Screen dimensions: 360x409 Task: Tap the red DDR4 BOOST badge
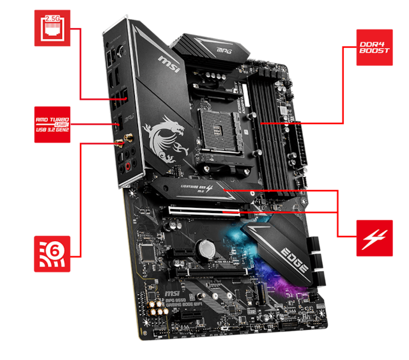click(374, 46)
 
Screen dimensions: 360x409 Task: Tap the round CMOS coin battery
click(204, 247)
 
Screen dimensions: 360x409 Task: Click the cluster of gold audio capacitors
click(155, 309)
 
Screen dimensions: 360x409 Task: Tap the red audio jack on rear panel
click(127, 168)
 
